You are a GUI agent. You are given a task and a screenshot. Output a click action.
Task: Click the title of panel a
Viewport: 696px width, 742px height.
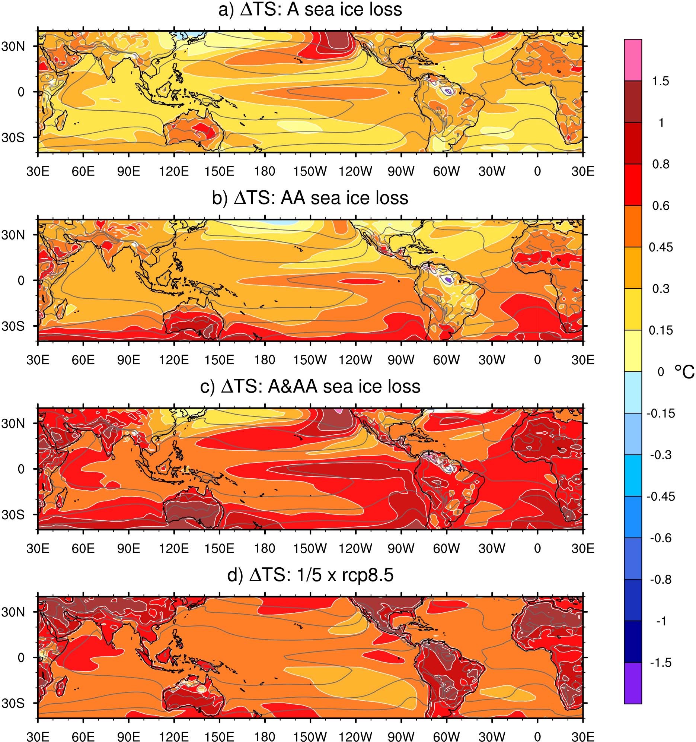[310, 10]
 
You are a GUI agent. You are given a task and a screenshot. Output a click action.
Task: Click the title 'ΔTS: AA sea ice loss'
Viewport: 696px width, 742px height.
[310, 198]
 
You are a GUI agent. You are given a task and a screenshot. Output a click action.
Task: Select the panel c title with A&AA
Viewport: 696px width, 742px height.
[310, 387]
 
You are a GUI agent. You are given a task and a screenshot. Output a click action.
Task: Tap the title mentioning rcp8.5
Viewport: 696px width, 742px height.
[310, 575]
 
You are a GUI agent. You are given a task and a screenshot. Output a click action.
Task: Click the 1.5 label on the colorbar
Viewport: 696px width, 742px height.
[661, 81]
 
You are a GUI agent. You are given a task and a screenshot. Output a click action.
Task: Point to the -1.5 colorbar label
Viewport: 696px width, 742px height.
[661, 663]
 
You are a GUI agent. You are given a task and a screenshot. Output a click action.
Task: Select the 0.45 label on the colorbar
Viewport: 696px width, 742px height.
[661, 247]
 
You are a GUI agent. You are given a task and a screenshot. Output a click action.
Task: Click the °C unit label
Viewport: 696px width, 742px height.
[684, 372]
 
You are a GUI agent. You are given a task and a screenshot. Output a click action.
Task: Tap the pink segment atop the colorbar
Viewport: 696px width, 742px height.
[633, 60]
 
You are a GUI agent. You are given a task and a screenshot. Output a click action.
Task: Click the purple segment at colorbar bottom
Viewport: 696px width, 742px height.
[633, 683]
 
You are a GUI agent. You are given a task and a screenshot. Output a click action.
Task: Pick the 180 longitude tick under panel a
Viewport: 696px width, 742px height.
[265, 172]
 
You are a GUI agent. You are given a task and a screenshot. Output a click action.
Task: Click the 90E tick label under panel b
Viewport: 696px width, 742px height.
[129, 360]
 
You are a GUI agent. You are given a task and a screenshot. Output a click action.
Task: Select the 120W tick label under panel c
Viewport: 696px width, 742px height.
[355, 549]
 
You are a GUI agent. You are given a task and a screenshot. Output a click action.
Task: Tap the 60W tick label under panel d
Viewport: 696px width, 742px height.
[447, 737]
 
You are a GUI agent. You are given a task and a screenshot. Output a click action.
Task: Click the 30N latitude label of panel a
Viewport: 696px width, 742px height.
[13, 46]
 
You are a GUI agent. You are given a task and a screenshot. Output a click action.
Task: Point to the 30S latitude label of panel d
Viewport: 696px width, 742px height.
[13, 703]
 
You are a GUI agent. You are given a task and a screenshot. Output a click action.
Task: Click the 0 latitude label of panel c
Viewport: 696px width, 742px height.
[21, 469]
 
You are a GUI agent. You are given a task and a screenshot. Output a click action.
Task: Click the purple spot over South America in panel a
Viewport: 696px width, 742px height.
[449, 91]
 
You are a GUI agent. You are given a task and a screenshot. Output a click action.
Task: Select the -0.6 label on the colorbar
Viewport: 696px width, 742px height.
[661, 538]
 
